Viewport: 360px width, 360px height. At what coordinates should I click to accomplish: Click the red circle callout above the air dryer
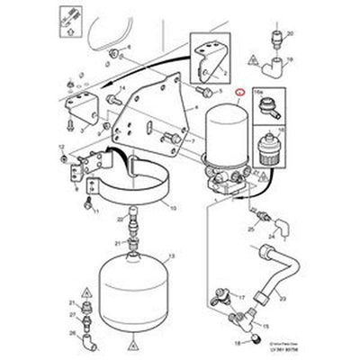point(238,92)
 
